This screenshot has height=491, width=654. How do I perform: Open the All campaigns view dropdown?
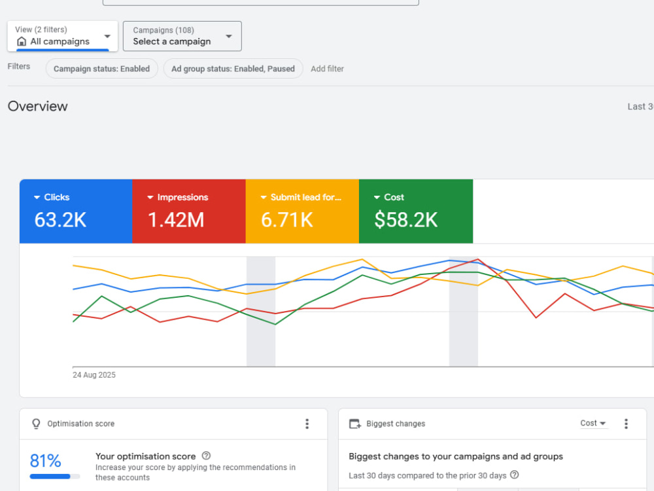pyautogui.click(x=63, y=36)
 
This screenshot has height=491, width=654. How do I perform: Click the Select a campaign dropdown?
pyautogui.click(x=182, y=36)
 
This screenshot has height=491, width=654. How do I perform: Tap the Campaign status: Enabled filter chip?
pyautogui.click(x=102, y=69)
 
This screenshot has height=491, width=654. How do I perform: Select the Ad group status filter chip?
pyautogui.click(x=233, y=69)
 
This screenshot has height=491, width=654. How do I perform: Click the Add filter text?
pyautogui.click(x=328, y=69)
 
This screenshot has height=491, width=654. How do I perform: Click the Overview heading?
pyautogui.click(x=37, y=106)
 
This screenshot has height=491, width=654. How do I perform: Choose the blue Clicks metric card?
pyautogui.click(x=76, y=211)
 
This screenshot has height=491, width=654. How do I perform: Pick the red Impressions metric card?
pyautogui.click(x=189, y=211)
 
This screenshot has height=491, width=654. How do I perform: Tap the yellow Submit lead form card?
pyautogui.click(x=302, y=211)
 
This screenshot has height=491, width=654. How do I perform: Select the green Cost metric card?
pyautogui.click(x=416, y=211)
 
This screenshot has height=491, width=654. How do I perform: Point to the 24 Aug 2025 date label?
pyautogui.click(x=94, y=375)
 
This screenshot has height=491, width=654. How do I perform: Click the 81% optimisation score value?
pyautogui.click(x=46, y=461)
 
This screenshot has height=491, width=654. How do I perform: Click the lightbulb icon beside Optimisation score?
pyautogui.click(x=36, y=424)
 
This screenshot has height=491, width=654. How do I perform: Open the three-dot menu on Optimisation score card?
pyautogui.click(x=307, y=424)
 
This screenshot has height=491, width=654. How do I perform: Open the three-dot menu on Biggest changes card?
pyautogui.click(x=626, y=424)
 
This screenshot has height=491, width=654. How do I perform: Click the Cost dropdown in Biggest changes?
pyautogui.click(x=593, y=424)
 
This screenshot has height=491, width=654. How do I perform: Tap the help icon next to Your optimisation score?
pyautogui.click(x=206, y=456)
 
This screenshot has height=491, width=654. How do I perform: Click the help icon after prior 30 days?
pyautogui.click(x=515, y=475)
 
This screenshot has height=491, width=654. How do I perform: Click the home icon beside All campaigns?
pyautogui.click(x=22, y=42)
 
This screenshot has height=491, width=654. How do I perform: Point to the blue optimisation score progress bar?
pyautogui.click(x=50, y=477)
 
